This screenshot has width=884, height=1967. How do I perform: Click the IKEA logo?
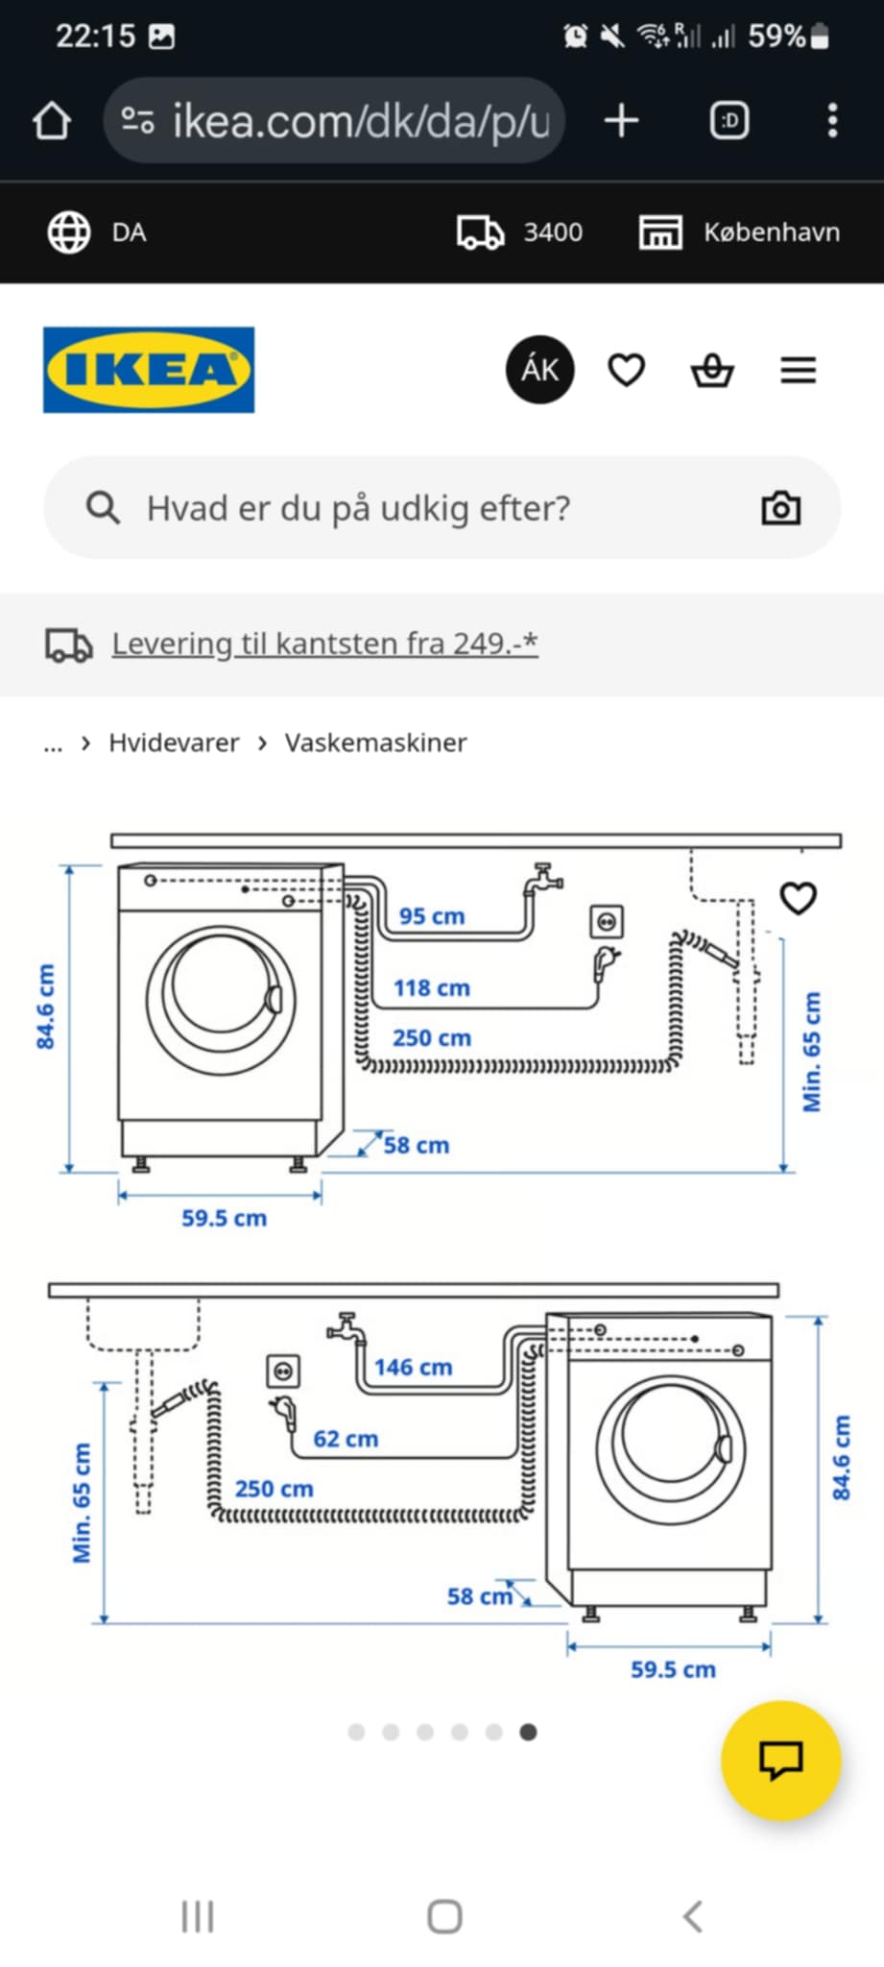click(149, 370)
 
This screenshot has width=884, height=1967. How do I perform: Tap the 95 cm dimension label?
click(431, 916)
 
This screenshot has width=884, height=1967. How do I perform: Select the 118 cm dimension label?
click(431, 988)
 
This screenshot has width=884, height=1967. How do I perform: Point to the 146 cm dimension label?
click(413, 1367)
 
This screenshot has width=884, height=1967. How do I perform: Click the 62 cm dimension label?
click(346, 1439)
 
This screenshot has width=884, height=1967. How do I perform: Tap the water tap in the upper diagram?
click(543, 879)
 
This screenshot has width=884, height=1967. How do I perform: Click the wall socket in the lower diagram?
click(283, 1371)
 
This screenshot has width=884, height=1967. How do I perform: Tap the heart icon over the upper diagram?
click(798, 898)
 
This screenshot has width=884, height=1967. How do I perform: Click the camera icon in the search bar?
click(780, 508)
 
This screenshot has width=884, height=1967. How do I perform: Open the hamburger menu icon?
click(798, 370)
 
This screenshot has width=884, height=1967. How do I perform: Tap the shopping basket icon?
click(712, 370)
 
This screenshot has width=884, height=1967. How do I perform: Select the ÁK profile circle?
click(540, 370)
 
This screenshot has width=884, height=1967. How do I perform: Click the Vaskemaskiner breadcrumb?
click(375, 742)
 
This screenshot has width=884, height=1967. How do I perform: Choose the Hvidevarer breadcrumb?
click(174, 742)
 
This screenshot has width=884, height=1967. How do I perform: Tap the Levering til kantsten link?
click(324, 644)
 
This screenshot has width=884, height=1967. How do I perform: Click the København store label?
click(771, 232)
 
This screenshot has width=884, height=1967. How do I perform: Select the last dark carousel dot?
click(528, 1732)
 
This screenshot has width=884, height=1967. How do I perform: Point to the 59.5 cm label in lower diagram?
click(673, 1669)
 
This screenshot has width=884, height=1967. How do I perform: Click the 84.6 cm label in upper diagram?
click(45, 1007)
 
